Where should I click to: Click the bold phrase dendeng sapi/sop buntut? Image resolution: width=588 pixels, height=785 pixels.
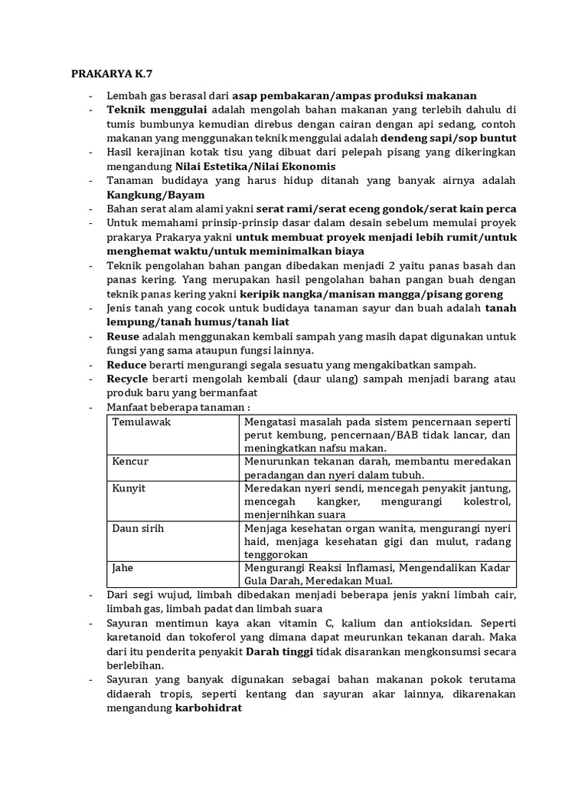[x=449, y=138]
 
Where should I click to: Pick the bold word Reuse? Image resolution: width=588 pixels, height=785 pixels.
[x=122, y=337]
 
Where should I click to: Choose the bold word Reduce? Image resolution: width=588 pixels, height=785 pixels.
[x=127, y=364]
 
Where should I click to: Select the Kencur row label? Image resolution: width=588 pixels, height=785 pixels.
[x=131, y=462]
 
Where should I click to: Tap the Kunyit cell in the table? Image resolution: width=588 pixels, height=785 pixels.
[x=129, y=488]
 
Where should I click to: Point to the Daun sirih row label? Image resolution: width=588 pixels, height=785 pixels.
[x=139, y=528]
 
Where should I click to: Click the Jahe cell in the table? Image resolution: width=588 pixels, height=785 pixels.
[x=126, y=568]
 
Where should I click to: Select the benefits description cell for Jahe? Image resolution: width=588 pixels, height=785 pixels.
[x=378, y=573]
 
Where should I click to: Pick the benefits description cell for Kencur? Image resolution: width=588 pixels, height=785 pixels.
[x=378, y=468]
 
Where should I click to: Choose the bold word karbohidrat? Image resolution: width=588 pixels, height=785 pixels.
[x=208, y=709]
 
